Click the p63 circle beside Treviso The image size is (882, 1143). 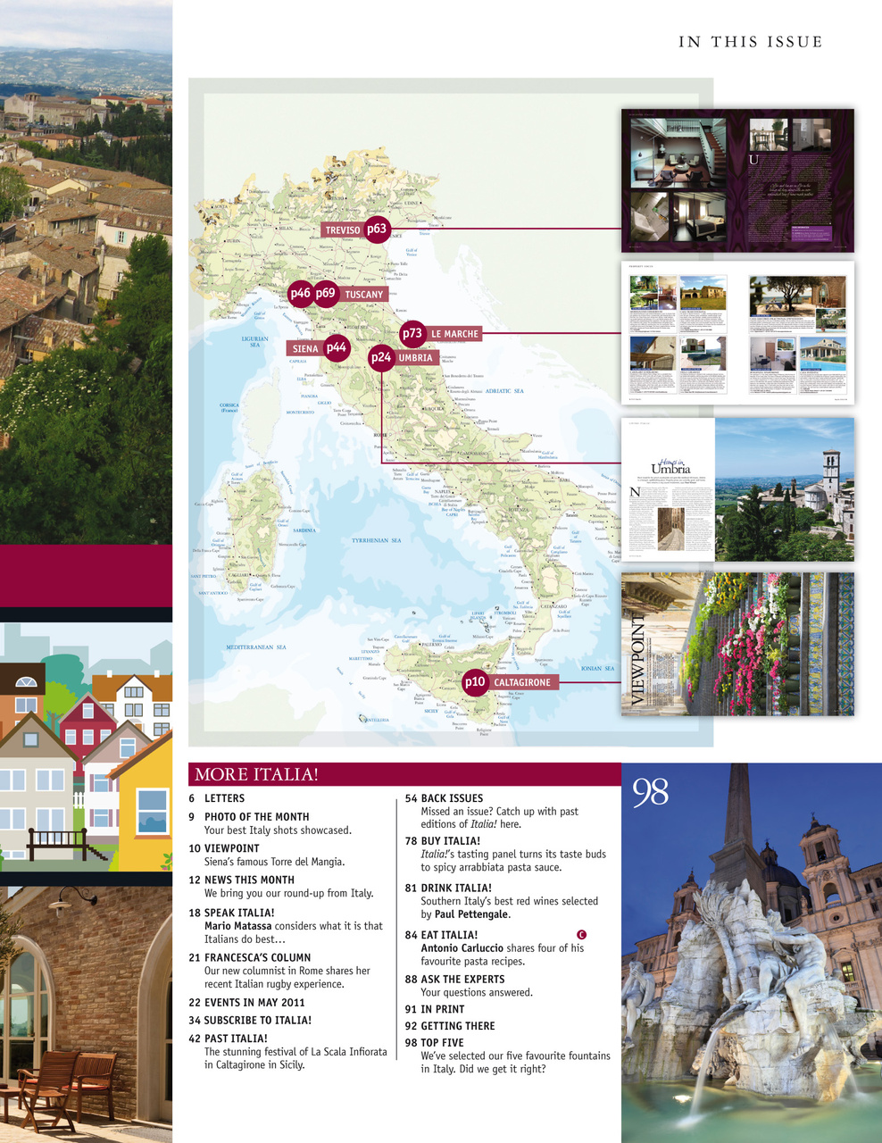point(377,229)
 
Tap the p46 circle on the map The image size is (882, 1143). point(301,293)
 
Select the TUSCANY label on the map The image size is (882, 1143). point(363,295)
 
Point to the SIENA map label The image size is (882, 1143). point(305,349)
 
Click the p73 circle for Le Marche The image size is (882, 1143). point(412,333)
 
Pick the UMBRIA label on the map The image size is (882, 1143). point(415,358)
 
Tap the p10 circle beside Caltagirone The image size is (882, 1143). point(475,682)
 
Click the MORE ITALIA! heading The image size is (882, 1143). point(256,774)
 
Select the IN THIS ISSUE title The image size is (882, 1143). point(750,42)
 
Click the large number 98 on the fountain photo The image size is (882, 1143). point(650,792)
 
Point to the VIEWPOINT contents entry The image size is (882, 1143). point(231,848)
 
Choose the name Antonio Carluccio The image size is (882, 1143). point(462,948)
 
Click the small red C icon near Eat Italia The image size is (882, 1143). point(582,934)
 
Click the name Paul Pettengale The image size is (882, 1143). point(471,914)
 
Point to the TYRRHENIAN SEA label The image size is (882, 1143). point(376,540)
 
